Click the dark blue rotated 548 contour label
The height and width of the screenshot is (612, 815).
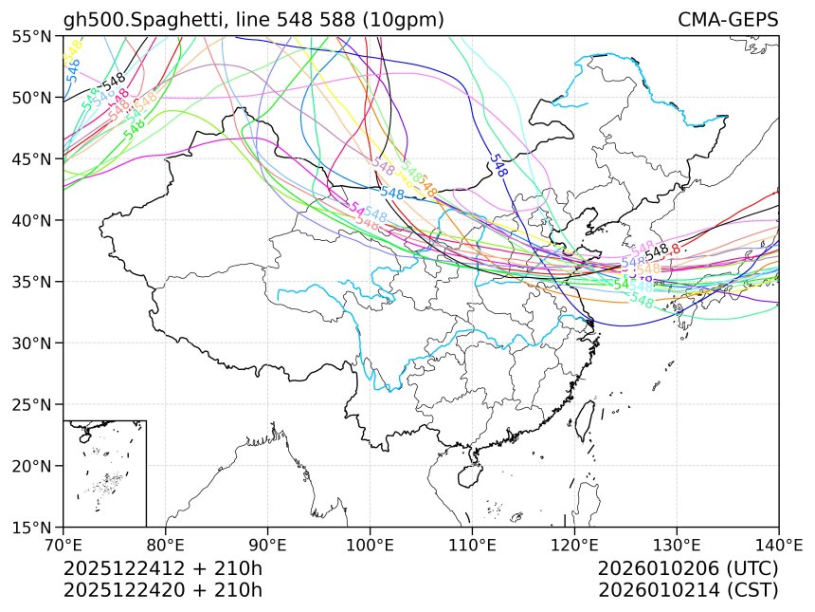[x=498, y=165]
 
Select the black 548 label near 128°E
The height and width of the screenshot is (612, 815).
[x=657, y=250]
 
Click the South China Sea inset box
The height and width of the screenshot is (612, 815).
[x=104, y=473]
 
